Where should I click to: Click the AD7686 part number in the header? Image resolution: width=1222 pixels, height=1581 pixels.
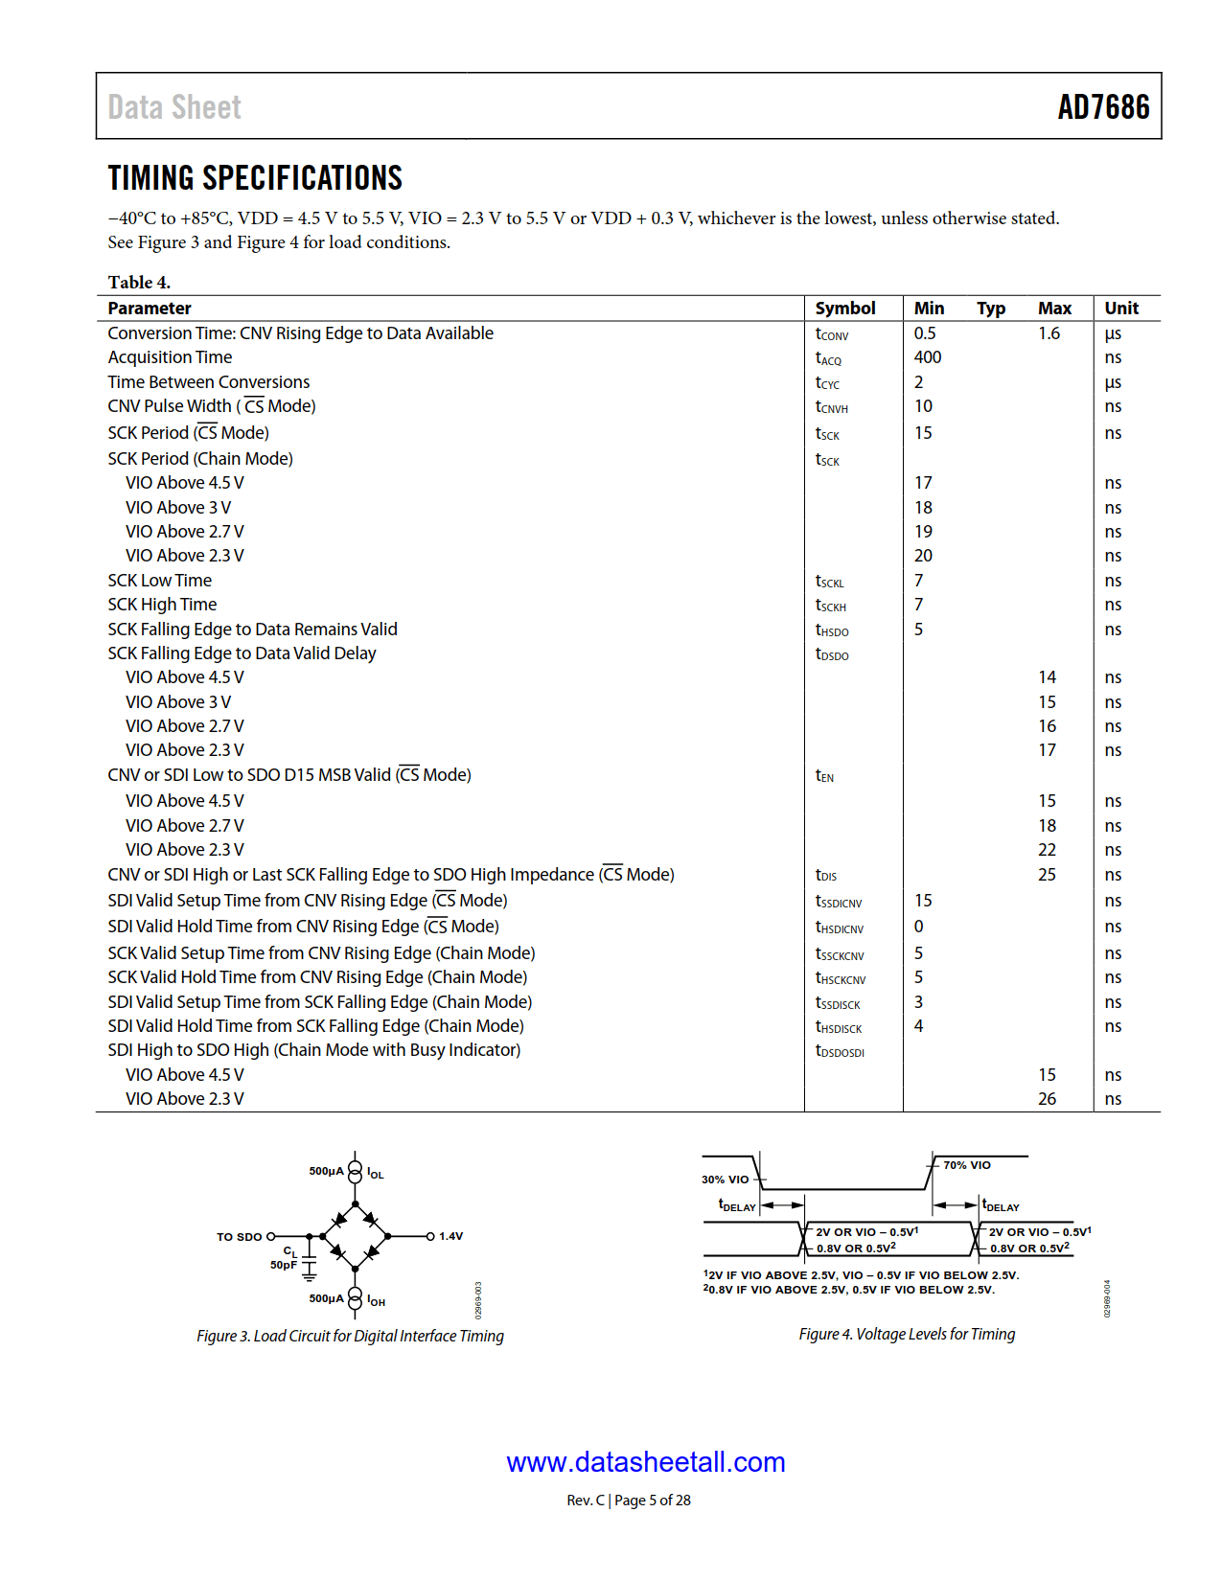point(1102,107)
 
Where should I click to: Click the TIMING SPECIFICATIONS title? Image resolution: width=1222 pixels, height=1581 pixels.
point(255,178)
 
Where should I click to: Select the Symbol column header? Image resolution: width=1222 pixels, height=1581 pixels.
point(844,309)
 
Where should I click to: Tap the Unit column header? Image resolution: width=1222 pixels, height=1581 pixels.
point(1120,309)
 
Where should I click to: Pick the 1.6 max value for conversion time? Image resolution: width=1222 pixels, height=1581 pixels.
point(1049,333)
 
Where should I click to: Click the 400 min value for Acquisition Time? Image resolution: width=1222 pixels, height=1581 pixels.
point(927,357)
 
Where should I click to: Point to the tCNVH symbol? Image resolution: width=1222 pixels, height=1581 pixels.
point(831,407)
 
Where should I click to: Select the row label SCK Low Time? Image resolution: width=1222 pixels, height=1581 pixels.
point(159,581)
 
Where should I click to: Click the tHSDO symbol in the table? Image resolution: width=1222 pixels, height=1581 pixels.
point(831,630)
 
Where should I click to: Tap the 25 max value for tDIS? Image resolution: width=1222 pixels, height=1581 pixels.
point(1047,875)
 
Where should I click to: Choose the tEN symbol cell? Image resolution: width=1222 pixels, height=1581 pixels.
point(824,776)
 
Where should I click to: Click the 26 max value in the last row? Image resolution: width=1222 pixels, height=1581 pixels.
point(1047,1099)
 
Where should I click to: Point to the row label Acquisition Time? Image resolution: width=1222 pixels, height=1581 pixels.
point(170,357)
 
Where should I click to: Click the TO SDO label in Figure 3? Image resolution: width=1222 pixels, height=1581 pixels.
point(239,1237)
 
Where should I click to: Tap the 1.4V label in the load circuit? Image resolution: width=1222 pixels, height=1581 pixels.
point(450,1236)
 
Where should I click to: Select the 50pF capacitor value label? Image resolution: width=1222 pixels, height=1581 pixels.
point(283,1265)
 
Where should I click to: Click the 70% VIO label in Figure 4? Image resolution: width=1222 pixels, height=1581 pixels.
point(966,1165)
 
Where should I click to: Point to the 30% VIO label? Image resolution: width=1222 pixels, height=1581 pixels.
point(725,1180)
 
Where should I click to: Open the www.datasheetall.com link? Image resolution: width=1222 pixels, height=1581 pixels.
point(645,1462)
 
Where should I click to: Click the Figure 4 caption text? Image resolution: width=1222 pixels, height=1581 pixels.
point(907,1334)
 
